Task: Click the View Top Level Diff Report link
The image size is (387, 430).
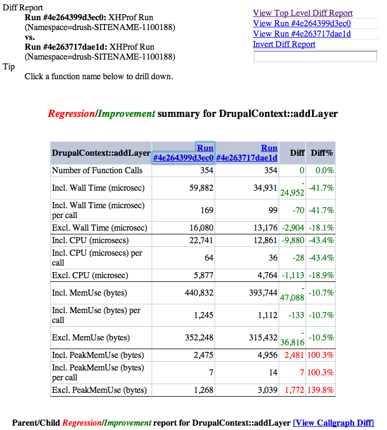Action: coord(303,13)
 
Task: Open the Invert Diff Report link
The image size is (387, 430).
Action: coord(284,44)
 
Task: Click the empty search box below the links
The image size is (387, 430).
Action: coord(315,56)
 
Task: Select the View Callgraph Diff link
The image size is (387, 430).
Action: coord(333,423)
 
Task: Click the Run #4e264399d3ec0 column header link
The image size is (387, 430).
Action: coord(183,153)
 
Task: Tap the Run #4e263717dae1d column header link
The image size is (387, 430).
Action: coord(247,153)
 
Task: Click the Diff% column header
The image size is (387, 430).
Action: coord(322,153)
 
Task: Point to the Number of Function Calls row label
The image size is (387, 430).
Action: coord(97,170)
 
